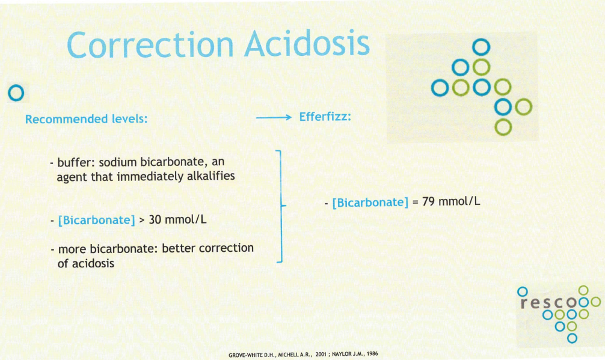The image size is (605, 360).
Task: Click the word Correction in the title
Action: [x=150, y=44]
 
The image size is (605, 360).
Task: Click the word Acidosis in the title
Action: [x=307, y=43]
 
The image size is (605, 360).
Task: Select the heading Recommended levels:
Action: [x=87, y=119]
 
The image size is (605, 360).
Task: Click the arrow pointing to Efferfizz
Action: [x=274, y=118]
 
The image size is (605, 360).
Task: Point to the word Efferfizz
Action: [x=325, y=117]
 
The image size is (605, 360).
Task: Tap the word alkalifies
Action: [x=211, y=176]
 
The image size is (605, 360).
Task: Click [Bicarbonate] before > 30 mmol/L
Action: [x=96, y=220]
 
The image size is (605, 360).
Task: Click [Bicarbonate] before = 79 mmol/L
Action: [x=370, y=203]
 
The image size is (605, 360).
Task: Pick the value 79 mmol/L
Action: [x=451, y=201]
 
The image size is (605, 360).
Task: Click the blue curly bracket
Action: [x=281, y=206]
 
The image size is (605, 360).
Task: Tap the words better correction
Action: [x=207, y=248]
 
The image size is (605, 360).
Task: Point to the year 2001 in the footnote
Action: [x=321, y=354]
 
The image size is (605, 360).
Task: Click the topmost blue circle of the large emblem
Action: [x=481, y=47]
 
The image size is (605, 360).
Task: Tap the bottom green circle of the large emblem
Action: [x=503, y=127]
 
